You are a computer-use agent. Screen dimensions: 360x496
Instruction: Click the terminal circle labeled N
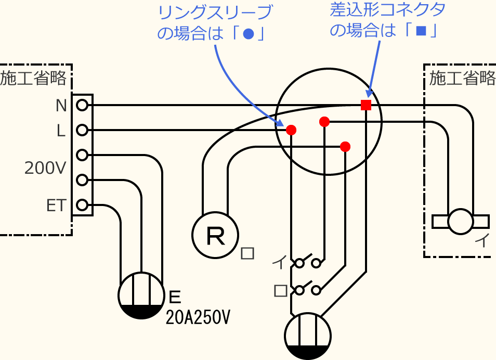coord(82,106)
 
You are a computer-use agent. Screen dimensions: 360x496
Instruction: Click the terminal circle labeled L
coord(82,130)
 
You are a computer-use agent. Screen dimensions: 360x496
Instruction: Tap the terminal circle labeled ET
coord(82,205)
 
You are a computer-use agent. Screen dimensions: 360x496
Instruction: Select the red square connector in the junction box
coord(366,105)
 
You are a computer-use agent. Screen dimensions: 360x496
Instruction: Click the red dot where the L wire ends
coord(291,130)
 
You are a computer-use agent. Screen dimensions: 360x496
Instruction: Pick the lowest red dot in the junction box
coord(345,146)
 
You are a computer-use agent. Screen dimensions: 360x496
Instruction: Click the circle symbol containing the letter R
coord(215,235)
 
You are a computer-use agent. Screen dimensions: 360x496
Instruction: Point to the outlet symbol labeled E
coord(141,295)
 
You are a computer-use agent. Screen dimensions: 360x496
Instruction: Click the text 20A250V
coord(198,317)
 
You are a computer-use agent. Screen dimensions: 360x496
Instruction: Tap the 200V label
coord(45,168)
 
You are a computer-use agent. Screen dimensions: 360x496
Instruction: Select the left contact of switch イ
coord(299,263)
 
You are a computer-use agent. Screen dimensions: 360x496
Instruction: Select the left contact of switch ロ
coord(299,290)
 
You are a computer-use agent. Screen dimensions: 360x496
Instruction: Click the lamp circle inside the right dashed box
coord(461,221)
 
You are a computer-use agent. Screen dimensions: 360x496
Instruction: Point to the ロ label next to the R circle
coord(248,253)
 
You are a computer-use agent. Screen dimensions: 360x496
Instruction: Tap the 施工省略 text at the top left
coord(34,78)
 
